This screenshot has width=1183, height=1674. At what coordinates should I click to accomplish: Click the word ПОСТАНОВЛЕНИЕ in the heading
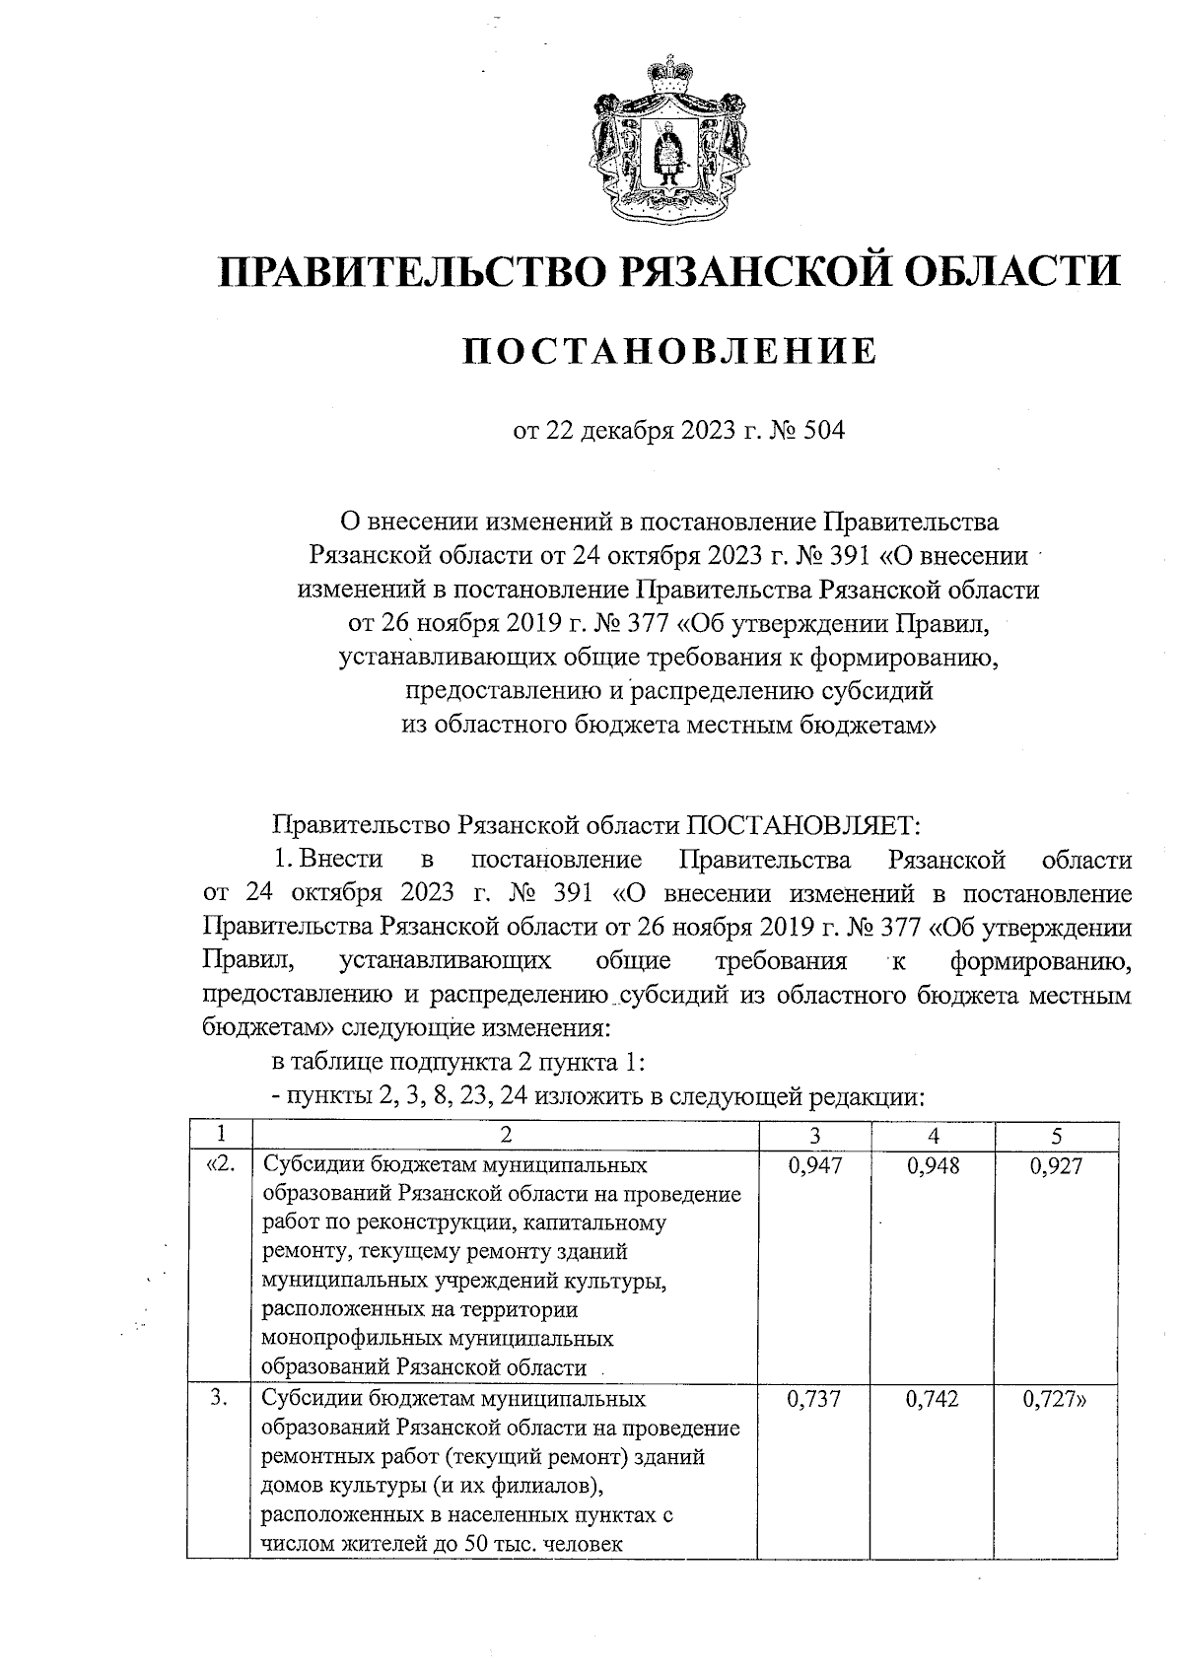tap(670, 351)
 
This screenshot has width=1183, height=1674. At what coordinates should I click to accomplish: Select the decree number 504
tap(824, 431)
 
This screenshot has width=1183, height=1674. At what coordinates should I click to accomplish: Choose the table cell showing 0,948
tap(933, 1166)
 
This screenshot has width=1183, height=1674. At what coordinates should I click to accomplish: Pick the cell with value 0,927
tap(1056, 1166)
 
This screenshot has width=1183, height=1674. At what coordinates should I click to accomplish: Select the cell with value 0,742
tap(933, 1399)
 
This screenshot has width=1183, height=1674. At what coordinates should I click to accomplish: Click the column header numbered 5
tap(1056, 1135)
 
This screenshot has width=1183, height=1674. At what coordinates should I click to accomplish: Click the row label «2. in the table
tap(221, 1166)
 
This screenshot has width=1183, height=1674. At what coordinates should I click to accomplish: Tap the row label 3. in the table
tap(221, 1399)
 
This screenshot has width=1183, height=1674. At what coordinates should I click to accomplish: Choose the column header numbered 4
tap(933, 1135)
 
